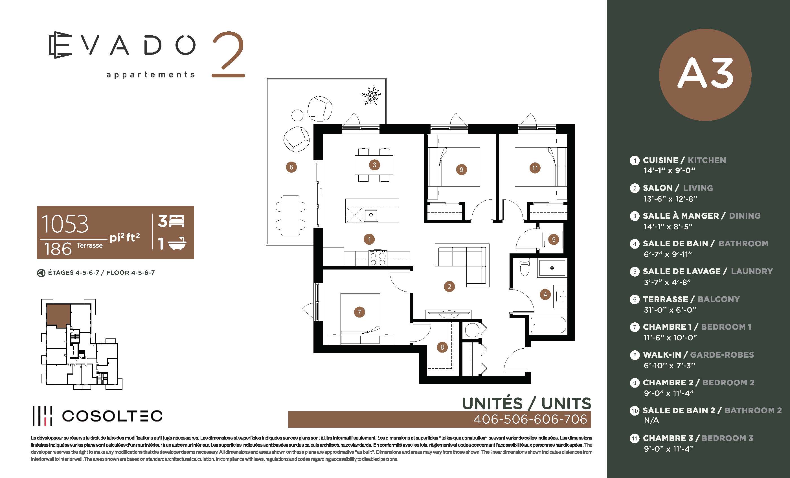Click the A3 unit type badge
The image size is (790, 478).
(705, 75)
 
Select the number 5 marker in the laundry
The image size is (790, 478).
(553, 239)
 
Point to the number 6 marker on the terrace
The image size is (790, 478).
(291, 167)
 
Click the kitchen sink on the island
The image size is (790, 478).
(371, 214)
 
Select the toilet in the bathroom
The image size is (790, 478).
(525, 267)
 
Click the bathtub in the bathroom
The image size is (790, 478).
(548, 325)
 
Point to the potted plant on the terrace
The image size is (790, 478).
(371, 95)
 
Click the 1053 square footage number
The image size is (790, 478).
(65, 224)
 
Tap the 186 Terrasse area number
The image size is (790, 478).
(58, 249)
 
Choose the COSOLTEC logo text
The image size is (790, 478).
(112, 416)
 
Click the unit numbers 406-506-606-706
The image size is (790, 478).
(530, 419)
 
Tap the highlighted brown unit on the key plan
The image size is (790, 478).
(58, 315)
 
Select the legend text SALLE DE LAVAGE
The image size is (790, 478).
(682, 271)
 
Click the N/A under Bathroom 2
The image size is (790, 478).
(651, 420)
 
